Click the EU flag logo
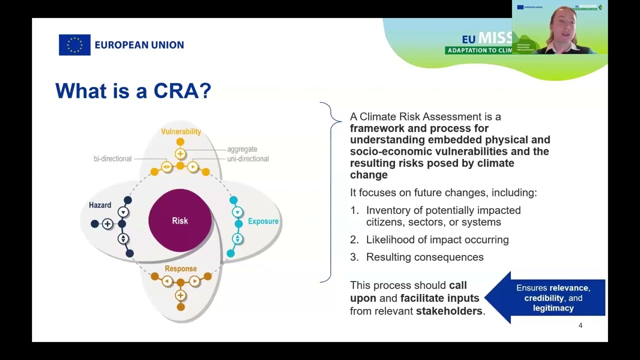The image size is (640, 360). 74,45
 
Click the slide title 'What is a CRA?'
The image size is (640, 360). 133,91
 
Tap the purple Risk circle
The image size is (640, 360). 180,220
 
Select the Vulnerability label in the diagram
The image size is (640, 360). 180,131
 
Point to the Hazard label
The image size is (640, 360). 100,205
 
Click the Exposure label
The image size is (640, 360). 263,221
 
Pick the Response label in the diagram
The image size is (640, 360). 180,269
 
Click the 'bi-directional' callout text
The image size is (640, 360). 112,158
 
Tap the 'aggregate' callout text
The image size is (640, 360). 242,149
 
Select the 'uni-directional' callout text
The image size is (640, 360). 247,158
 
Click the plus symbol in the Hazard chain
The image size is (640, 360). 107,224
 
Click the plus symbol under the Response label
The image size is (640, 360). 180,295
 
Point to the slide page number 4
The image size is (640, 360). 580,325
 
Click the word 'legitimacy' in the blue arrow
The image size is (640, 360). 553,308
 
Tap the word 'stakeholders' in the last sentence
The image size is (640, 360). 449,311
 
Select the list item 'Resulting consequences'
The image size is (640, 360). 424,257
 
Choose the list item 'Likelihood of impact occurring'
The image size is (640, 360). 437,239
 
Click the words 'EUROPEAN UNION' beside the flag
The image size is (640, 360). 139,45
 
